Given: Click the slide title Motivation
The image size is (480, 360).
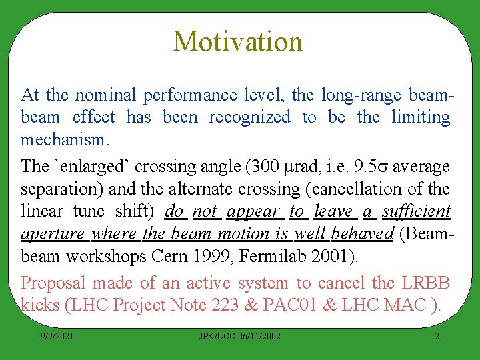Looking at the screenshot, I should click(x=237, y=41).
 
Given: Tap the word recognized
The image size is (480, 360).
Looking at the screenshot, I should click(x=249, y=118).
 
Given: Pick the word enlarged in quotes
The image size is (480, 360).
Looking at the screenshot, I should click(x=86, y=166).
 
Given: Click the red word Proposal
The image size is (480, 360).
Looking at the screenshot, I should click(x=54, y=283).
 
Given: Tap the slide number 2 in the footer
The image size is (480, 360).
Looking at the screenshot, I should click(x=437, y=337).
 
